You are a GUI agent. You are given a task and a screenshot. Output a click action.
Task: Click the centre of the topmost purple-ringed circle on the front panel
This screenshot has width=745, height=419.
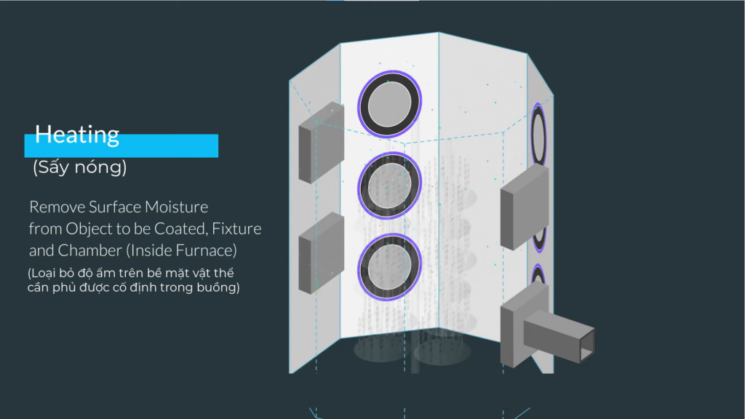pos(390,104)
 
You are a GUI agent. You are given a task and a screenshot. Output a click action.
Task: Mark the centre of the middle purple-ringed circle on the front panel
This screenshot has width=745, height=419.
pos(390,185)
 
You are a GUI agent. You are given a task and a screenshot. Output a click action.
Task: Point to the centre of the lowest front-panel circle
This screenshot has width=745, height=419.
pos(390,266)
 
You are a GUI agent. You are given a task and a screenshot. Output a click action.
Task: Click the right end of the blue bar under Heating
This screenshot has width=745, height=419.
pos(218,145)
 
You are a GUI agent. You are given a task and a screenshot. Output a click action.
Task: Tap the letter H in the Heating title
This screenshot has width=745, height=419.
pos(43,135)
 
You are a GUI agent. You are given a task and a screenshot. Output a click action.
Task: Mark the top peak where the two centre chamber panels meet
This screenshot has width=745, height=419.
pos(439,32)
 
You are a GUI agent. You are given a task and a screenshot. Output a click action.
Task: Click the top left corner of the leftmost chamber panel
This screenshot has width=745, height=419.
pos(290,81)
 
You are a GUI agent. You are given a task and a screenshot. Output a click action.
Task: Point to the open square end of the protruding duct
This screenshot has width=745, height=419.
pos(587,345)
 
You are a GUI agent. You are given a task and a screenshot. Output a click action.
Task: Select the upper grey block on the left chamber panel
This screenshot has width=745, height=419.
pos(321,142)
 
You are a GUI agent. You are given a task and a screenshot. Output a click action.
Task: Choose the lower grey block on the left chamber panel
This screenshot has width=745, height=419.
pos(321,252)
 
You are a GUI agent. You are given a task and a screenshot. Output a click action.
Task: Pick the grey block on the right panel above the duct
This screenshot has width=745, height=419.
pos(525,207)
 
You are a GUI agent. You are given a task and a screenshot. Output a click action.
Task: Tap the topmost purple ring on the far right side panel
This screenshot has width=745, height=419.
pos(538,135)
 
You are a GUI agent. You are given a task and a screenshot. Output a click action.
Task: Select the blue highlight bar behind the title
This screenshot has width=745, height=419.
pos(121,145)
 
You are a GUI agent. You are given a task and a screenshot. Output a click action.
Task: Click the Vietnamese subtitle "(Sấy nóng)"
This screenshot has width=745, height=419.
pos(79,167)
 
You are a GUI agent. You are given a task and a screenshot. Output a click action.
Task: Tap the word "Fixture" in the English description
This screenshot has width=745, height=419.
pos(236,229)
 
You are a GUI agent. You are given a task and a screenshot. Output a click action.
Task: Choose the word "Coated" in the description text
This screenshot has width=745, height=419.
pos(180,229)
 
